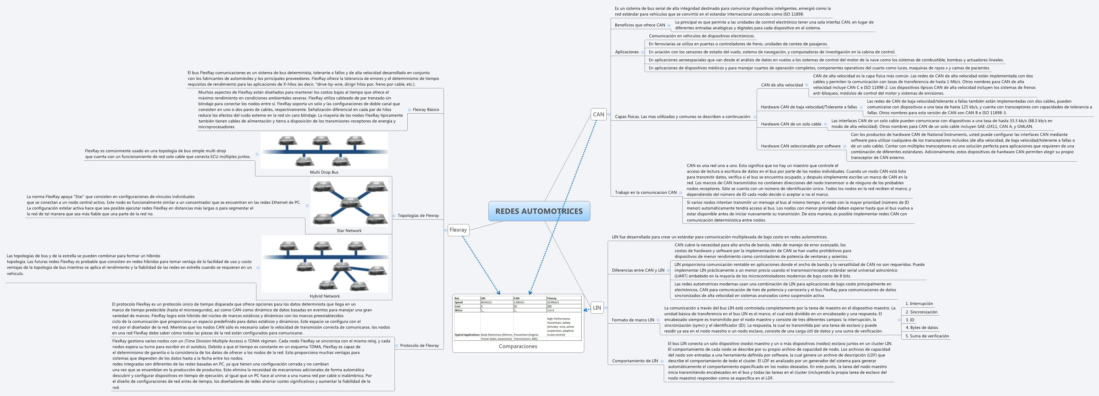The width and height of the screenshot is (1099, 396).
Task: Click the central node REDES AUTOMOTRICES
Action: point(539,211)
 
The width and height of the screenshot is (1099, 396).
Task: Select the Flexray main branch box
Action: point(458,230)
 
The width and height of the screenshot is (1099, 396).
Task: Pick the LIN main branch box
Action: point(597,307)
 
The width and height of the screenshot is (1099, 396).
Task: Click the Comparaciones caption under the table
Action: point(518,346)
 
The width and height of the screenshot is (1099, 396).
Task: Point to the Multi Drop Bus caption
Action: point(324,172)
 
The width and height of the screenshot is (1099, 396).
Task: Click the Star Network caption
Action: point(349,230)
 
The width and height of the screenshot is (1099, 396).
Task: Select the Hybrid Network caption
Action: point(324,296)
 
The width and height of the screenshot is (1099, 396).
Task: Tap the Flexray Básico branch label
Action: point(425,109)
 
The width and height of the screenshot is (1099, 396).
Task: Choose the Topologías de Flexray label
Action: point(418,215)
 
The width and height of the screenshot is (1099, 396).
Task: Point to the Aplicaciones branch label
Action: point(627,52)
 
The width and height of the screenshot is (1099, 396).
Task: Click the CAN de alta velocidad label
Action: point(782,85)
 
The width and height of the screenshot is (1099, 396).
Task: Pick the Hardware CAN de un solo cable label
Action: point(791,124)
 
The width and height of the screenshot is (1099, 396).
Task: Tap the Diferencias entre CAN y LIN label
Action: point(638,270)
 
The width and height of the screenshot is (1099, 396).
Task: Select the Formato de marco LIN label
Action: point(633,320)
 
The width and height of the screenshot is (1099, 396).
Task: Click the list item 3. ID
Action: point(910,320)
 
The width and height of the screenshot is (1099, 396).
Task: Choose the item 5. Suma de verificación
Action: point(927,336)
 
